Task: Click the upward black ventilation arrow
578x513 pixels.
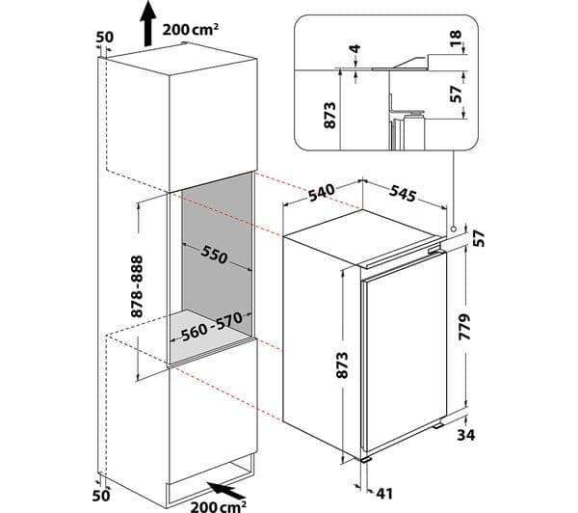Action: (147, 23)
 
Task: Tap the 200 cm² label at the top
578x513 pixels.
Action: (190, 29)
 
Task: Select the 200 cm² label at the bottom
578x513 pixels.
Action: (219, 505)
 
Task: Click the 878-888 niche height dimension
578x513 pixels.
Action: (137, 286)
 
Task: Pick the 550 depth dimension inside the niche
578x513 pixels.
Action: (214, 255)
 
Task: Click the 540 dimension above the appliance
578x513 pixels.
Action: (322, 192)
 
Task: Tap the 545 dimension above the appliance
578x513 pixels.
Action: (403, 193)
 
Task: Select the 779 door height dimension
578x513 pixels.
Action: (465, 327)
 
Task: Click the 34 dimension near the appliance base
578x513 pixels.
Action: (466, 435)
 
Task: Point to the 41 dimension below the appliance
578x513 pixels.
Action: (384, 493)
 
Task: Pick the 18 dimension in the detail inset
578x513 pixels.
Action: (456, 38)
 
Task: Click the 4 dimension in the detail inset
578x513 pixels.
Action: (355, 48)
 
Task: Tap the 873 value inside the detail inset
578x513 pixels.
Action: (329, 115)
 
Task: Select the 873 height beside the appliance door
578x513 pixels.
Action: (342, 365)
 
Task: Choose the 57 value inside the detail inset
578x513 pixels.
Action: (456, 94)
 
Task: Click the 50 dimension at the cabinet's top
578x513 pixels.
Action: (105, 38)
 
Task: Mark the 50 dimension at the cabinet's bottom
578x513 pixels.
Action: (101, 496)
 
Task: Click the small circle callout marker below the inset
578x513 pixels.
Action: (453, 229)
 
